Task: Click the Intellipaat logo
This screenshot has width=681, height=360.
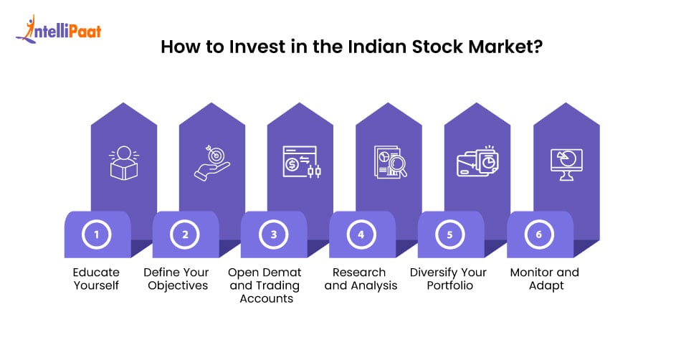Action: click(59, 29)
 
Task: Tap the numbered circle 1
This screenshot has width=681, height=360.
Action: click(97, 235)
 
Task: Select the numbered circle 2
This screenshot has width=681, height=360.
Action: click(185, 235)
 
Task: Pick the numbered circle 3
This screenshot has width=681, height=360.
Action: click(274, 235)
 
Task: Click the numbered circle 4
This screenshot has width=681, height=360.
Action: click(361, 235)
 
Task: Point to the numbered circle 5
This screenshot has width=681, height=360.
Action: click(450, 235)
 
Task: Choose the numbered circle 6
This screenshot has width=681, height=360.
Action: click(539, 235)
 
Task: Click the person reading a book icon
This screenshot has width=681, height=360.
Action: click(124, 163)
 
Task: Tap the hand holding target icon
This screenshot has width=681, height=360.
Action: click(212, 163)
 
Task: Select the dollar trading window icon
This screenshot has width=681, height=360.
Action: click(302, 162)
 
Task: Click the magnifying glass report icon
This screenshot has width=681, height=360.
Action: click(391, 161)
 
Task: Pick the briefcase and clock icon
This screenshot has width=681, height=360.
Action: click(477, 161)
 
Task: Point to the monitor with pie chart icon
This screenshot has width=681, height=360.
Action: click(566, 164)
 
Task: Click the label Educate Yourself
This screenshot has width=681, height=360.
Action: click(96, 279)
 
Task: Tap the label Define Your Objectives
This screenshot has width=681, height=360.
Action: click(177, 279)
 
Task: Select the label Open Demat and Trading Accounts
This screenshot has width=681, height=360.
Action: click(265, 285)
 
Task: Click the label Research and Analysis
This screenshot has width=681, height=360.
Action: click(361, 279)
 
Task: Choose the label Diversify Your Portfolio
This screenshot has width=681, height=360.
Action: click(448, 279)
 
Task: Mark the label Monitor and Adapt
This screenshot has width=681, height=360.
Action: click(545, 279)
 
